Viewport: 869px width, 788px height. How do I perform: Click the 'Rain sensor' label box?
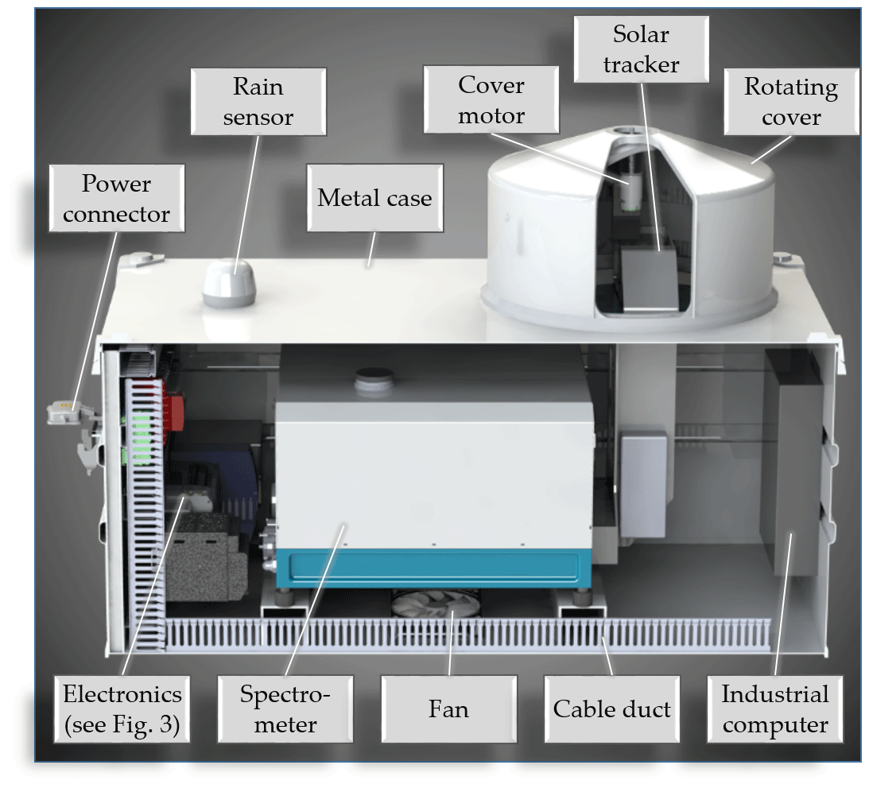click(x=258, y=101)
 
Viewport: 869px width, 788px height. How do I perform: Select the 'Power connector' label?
click(x=116, y=198)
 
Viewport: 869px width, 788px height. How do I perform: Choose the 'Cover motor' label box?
click(x=491, y=100)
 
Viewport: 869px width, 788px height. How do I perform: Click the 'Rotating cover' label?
click(x=790, y=101)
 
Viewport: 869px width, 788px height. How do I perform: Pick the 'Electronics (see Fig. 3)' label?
click(x=122, y=709)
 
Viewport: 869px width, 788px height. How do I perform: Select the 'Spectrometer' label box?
click(x=285, y=709)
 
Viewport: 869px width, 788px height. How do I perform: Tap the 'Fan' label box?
click(x=448, y=709)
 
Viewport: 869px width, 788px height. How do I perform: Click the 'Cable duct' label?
click(x=611, y=709)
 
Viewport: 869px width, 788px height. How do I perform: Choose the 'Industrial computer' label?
click(x=775, y=709)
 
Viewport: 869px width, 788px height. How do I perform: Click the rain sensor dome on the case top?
click(x=227, y=285)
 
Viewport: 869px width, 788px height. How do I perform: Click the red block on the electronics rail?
click(x=173, y=404)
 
